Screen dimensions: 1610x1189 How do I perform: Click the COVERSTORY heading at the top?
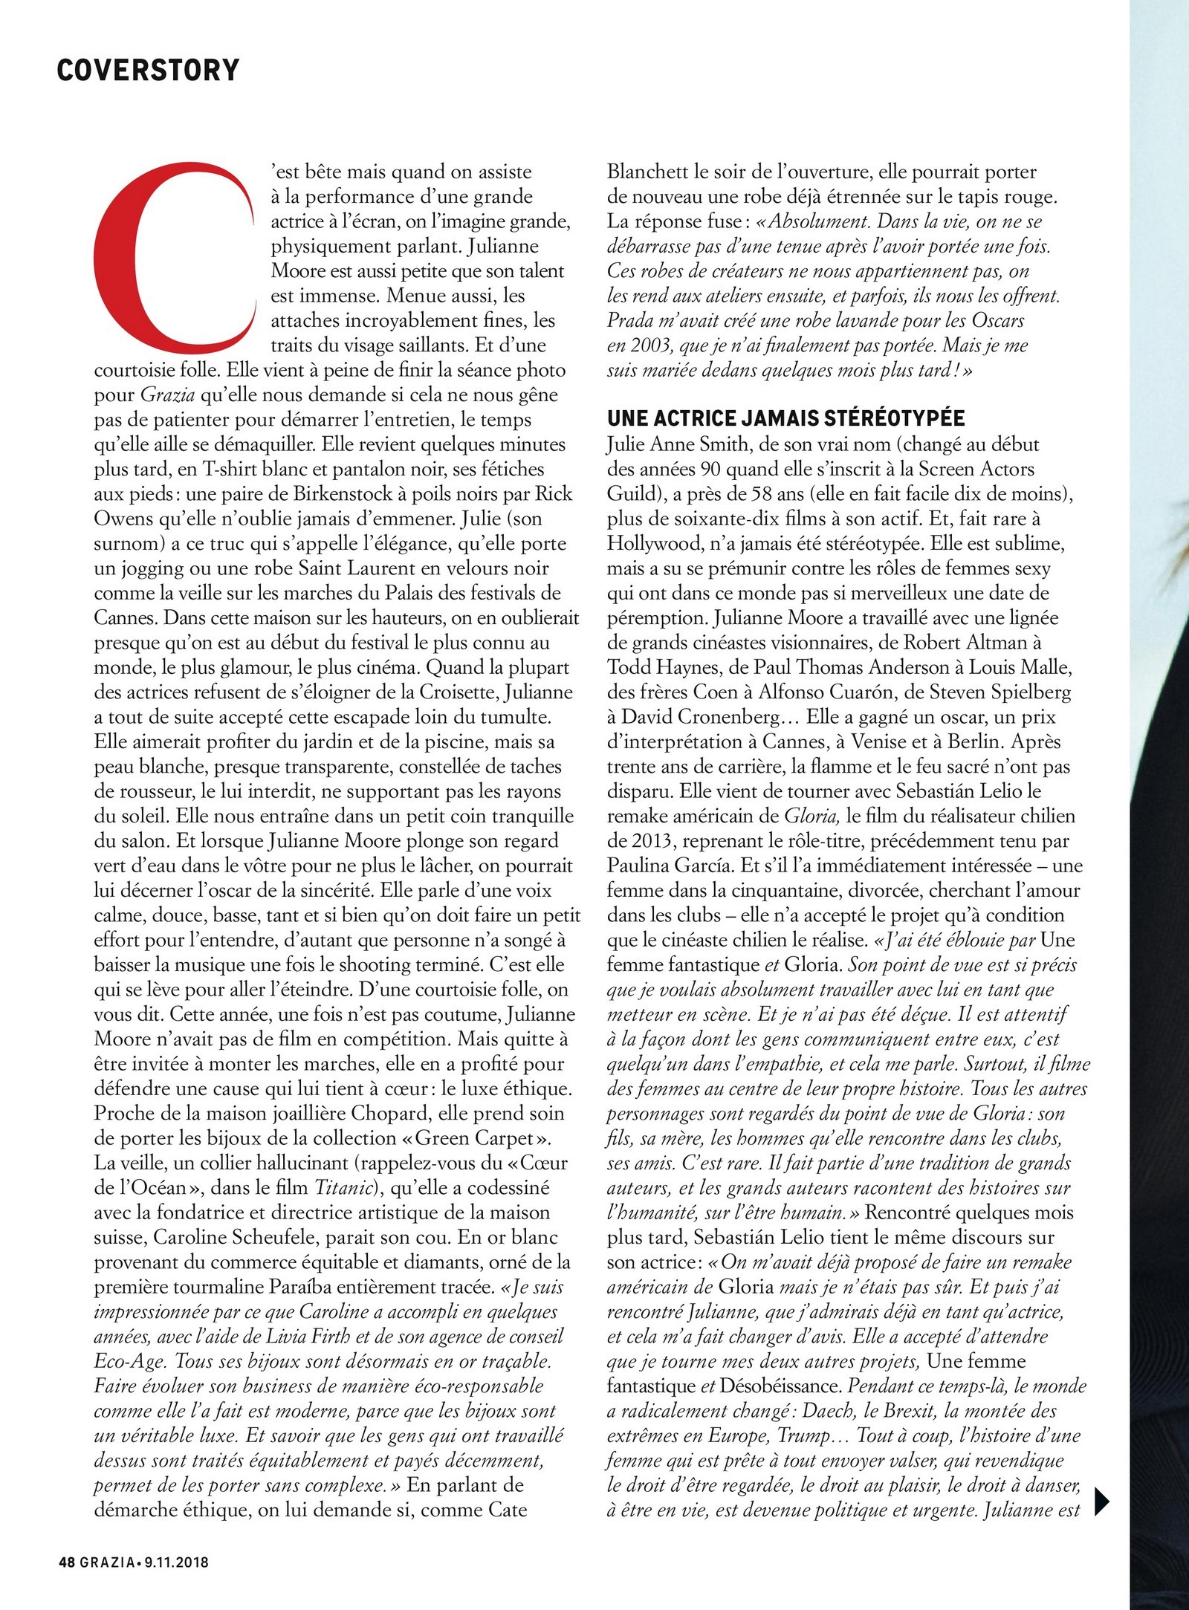coord(148,70)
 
